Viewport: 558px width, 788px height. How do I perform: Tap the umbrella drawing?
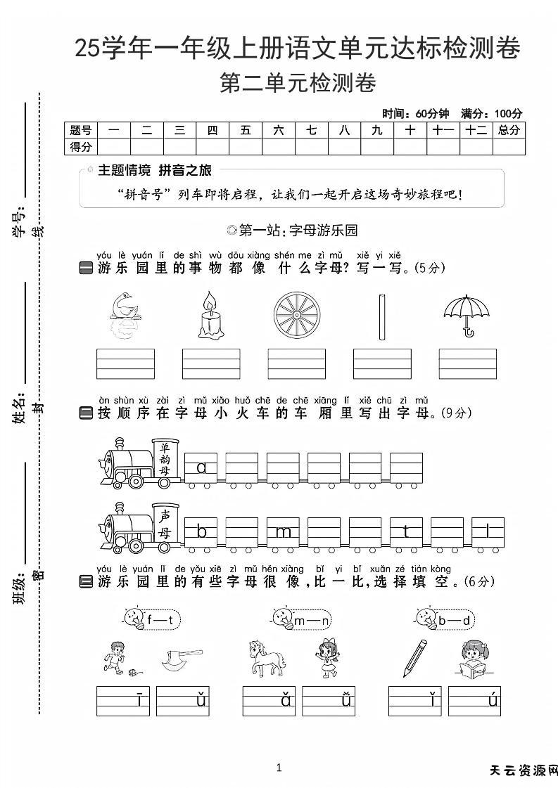[x=467, y=314]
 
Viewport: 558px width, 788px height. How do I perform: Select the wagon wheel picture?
[x=296, y=315]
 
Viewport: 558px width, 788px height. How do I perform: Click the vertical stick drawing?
[x=381, y=315]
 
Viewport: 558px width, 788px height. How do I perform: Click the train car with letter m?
[x=283, y=532]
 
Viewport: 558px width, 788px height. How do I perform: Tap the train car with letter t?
[x=406, y=532]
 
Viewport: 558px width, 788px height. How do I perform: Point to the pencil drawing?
[x=415, y=657]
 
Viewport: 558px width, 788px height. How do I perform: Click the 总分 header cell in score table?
[x=509, y=130]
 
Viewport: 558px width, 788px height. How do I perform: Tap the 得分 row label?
[x=81, y=146]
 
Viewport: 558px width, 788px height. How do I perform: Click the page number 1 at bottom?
[x=279, y=768]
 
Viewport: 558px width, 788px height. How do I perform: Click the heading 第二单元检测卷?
[x=298, y=84]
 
